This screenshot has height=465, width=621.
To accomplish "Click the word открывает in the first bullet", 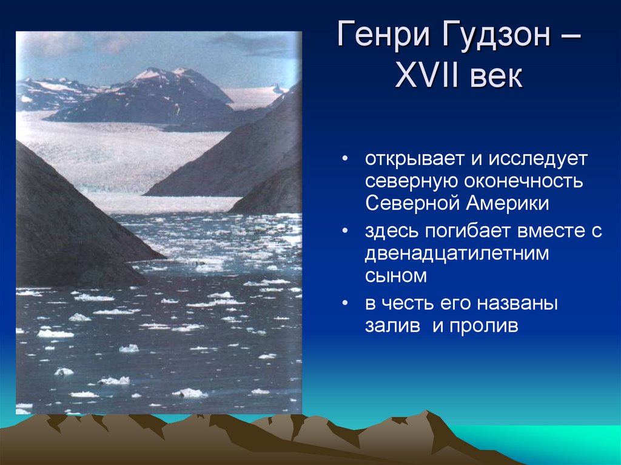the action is click(x=415, y=159).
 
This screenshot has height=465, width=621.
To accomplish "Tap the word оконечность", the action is click(x=523, y=181).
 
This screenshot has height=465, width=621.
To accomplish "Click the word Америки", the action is click(x=508, y=203).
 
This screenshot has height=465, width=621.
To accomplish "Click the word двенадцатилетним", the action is click(x=457, y=254).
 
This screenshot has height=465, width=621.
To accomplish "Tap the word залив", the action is click(x=392, y=326).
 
